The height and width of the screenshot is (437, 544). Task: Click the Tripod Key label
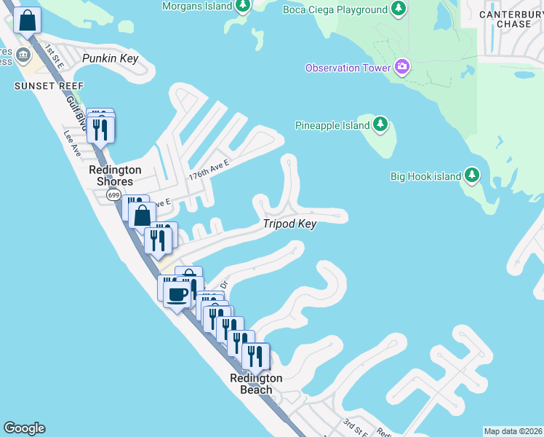[290, 224]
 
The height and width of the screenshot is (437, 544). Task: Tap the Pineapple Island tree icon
[380, 125]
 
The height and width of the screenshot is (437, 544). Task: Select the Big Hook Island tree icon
[472, 176]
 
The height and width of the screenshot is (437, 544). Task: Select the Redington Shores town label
[115, 176]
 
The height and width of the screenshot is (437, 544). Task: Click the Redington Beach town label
[256, 384]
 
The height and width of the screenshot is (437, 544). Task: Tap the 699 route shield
[113, 195]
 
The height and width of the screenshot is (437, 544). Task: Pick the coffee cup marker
[177, 294]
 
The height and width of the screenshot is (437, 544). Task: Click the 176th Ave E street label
[209, 170]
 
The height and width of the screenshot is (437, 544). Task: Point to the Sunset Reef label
[41, 85]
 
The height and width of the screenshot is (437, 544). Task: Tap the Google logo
[24, 428]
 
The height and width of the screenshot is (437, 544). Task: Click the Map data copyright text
[513, 431]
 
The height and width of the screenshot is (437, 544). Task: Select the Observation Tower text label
[343, 68]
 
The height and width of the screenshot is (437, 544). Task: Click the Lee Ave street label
[71, 138]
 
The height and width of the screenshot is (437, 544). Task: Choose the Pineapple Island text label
[332, 125]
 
